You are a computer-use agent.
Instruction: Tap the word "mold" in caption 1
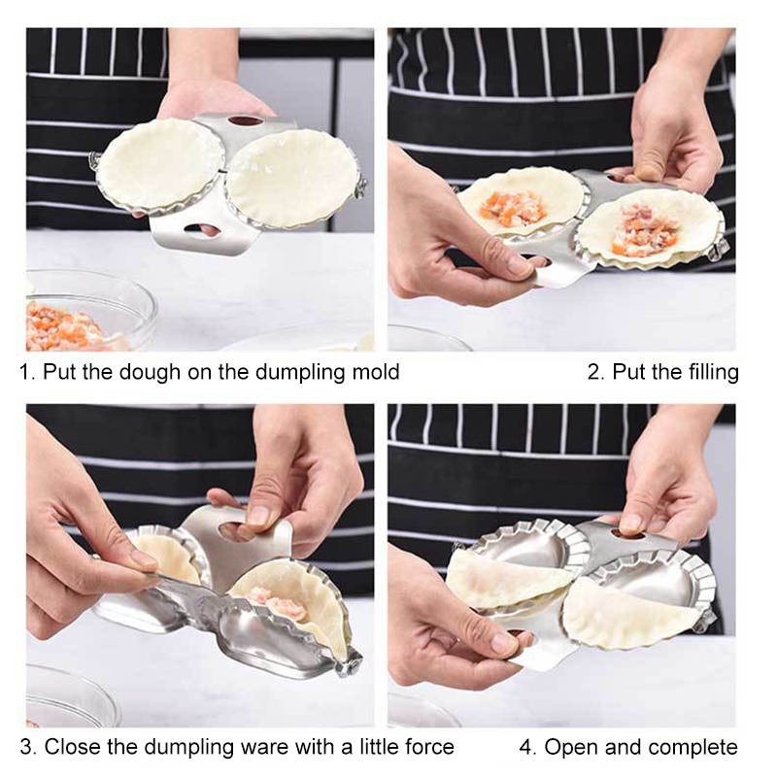coord(376,372)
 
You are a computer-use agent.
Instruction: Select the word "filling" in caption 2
coord(714,373)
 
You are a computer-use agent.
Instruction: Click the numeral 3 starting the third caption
coord(26,747)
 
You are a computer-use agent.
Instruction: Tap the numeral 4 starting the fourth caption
coord(526,747)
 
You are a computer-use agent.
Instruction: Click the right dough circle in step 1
coord(292,178)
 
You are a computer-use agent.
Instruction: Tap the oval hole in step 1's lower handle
coord(202,229)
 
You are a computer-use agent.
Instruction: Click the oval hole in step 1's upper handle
coord(246,120)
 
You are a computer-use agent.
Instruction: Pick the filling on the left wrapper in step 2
coord(513,209)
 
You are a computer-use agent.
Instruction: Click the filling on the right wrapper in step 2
coord(644,229)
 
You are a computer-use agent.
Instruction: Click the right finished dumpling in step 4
coord(628,614)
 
